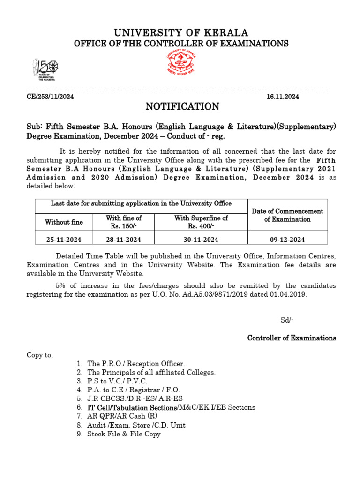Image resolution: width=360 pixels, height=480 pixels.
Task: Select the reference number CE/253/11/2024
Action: tap(50, 97)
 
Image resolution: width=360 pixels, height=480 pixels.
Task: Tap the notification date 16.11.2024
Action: tap(283, 97)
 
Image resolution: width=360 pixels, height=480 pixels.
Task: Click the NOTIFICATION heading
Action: tap(182, 107)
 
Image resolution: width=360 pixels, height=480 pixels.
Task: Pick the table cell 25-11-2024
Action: tap(64, 240)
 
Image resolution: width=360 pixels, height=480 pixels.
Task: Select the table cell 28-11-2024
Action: tap(124, 240)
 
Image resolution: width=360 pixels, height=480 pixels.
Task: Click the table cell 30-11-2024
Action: tap(201, 240)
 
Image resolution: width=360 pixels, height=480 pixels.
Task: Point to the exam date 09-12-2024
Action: tap(287, 240)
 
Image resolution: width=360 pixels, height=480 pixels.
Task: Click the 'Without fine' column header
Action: tap(64, 222)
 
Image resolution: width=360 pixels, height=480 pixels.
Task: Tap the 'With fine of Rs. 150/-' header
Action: tap(124, 222)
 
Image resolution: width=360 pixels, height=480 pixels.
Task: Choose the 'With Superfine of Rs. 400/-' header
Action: tap(201, 222)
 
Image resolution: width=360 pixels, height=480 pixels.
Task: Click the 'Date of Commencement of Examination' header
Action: tap(287, 215)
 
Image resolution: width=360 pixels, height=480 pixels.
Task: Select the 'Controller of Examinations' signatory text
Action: tap(292, 337)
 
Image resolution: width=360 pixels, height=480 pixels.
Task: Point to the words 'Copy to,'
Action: tap(40, 355)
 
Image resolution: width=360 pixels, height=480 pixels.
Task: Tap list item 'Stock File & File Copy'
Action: tap(124, 434)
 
